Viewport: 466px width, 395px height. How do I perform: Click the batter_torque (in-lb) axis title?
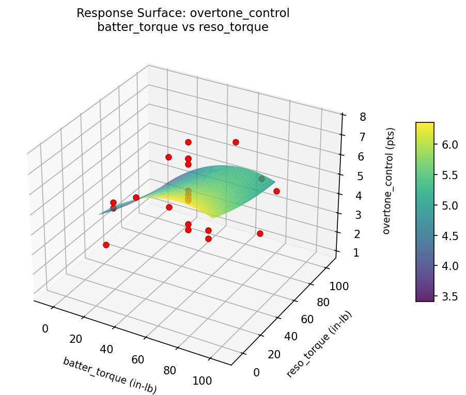click(110, 375)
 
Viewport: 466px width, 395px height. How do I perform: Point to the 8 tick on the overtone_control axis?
click(363, 117)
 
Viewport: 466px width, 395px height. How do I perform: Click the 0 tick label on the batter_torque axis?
click(45, 328)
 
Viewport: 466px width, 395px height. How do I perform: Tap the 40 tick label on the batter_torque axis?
click(106, 349)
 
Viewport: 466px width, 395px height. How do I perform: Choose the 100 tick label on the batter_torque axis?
click(202, 381)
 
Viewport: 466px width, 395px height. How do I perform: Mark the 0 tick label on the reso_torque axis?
click(256, 372)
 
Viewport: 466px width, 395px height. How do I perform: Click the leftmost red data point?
click(106, 245)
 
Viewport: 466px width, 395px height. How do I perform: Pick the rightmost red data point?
click(276, 191)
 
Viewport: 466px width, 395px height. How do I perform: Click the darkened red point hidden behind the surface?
click(261, 179)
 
